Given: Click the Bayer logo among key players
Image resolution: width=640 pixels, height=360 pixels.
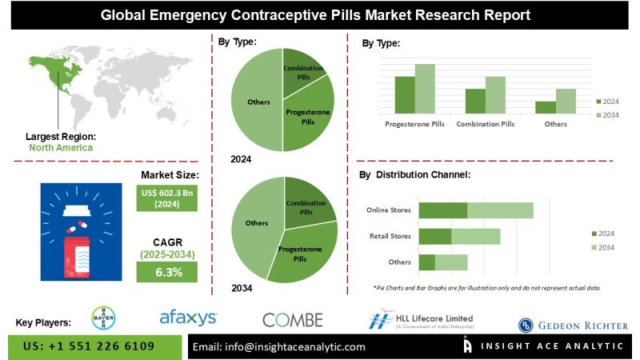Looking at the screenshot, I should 103,318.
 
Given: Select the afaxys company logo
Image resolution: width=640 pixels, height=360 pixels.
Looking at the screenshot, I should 188,318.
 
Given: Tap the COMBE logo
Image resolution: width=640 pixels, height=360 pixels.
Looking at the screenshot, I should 292,319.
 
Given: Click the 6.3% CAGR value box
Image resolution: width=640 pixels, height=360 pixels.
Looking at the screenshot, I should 167,272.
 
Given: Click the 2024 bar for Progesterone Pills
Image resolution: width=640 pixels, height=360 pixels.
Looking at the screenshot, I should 405,94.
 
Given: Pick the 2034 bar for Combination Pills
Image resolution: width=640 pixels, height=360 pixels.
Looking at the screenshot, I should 495,94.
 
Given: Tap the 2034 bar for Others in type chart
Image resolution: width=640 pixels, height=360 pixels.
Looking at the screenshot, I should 566,101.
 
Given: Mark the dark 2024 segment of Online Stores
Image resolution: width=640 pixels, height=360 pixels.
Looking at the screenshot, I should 443,210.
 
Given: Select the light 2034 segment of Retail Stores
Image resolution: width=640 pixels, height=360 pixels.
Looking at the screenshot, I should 476,237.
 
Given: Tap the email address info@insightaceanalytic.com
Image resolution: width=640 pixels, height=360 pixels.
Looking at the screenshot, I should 279,346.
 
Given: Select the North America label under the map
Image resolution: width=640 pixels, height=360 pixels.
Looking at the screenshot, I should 61,147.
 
